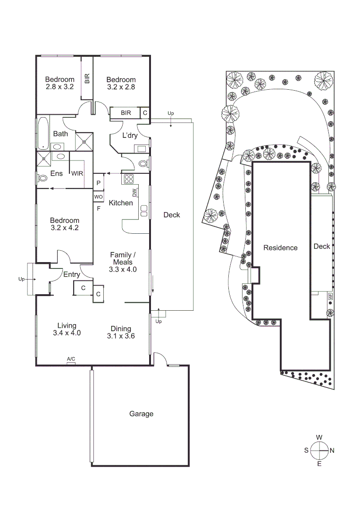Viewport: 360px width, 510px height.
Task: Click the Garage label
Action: pos(142,414)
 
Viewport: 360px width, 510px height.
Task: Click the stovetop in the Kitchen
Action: pos(129,179)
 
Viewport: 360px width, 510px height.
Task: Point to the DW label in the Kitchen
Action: pos(134,192)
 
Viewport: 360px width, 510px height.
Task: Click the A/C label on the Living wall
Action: pos(71,360)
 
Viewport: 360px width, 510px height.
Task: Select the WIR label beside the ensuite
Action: pos(77,173)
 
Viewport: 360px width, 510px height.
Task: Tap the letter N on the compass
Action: pos(332,450)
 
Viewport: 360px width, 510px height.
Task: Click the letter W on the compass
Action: pos(319,437)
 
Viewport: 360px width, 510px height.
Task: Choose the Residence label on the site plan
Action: pos(280,247)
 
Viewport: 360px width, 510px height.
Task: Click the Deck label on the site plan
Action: pos(322,246)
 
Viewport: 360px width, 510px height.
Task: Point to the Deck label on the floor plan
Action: pos(172,215)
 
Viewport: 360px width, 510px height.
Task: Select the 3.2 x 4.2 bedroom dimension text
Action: pos(65,227)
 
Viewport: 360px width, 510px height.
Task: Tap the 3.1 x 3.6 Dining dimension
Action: pos(121,336)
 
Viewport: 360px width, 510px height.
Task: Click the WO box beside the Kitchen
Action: pos(99,196)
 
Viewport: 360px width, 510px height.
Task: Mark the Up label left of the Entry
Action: pos(21,279)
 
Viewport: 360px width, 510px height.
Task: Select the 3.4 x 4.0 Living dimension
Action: pos(67,333)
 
